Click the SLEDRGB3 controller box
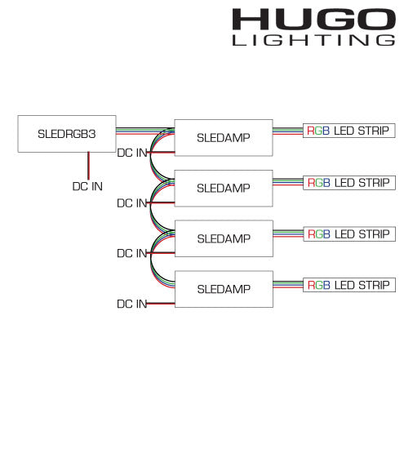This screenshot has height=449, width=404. pos(67,134)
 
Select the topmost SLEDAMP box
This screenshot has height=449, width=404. pos(224,138)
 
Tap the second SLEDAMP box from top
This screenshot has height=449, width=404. pos(224,188)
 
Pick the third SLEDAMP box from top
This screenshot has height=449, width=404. pos(224,238)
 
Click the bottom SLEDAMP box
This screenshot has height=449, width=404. pos(224,289)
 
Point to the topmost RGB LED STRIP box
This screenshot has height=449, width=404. pos(349,131)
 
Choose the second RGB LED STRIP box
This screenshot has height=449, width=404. pos(349,183)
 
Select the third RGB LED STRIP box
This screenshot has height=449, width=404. pos(349,234)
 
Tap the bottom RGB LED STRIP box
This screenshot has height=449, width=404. pos(349,285)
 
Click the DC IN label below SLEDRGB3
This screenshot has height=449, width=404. pos(87,186)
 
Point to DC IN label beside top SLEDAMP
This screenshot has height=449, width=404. pos(132,153)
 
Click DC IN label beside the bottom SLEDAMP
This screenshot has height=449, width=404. pos(132,304)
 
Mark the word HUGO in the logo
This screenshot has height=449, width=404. pos(314,19)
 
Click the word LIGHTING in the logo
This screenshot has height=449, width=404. pos(313,40)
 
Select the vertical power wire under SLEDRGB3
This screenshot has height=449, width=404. pos(88,166)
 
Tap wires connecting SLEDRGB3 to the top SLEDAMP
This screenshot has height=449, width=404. pos(145,131)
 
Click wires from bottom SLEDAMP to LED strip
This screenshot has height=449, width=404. pos(288,285)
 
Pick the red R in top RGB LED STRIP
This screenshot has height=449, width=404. pos(311,131)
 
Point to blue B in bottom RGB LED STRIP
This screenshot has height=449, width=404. pos(326,285)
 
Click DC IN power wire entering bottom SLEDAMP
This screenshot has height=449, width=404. pos(161,303)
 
